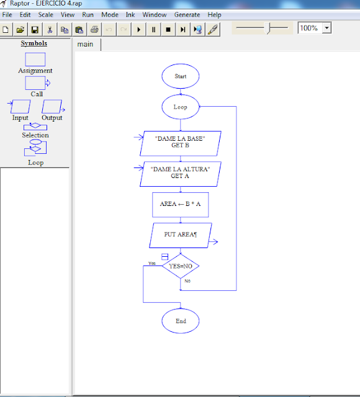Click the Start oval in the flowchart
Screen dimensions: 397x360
coord(181,76)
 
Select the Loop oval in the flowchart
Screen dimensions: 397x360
coord(181,107)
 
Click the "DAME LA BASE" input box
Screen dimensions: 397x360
coord(181,141)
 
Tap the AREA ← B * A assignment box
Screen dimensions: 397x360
coord(181,204)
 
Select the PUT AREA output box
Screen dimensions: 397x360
coord(181,235)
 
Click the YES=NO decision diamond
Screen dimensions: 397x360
coord(181,266)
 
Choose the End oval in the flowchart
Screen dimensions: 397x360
coord(181,321)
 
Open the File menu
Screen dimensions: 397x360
coord(7,14)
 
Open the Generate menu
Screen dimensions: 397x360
coord(187,14)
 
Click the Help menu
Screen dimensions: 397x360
coord(214,14)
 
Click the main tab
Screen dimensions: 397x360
coord(86,44)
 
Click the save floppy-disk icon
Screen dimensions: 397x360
coord(35,29)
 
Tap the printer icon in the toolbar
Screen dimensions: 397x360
coord(94,29)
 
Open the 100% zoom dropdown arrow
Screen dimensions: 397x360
coord(327,28)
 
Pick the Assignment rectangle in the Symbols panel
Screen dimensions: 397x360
coord(35,60)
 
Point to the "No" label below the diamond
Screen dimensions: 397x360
coord(187,280)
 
